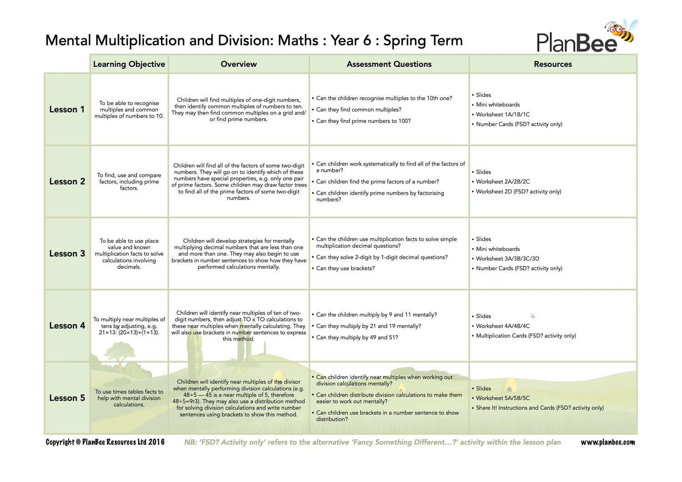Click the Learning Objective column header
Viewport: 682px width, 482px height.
(x=129, y=64)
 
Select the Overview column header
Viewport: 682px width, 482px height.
(x=239, y=64)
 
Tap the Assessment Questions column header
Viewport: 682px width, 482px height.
(x=389, y=64)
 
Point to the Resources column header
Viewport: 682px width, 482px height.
(x=553, y=64)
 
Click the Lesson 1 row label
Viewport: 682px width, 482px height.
(x=67, y=110)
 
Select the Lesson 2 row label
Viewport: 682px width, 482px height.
(x=67, y=181)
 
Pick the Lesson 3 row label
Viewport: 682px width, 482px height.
(x=67, y=254)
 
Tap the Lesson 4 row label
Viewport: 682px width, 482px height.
(x=67, y=326)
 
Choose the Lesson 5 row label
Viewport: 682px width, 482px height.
(x=67, y=398)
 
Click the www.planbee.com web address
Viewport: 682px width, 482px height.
(x=608, y=442)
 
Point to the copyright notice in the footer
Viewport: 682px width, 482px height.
(x=105, y=442)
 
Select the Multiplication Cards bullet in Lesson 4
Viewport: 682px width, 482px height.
(x=526, y=336)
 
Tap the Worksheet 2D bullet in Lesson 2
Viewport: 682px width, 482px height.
(x=518, y=191)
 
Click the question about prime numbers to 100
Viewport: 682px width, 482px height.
(x=363, y=121)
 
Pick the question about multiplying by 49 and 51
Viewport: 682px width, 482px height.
(x=357, y=337)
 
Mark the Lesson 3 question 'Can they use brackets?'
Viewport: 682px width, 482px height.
(x=346, y=268)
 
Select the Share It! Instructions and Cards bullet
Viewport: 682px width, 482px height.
(x=540, y=408)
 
